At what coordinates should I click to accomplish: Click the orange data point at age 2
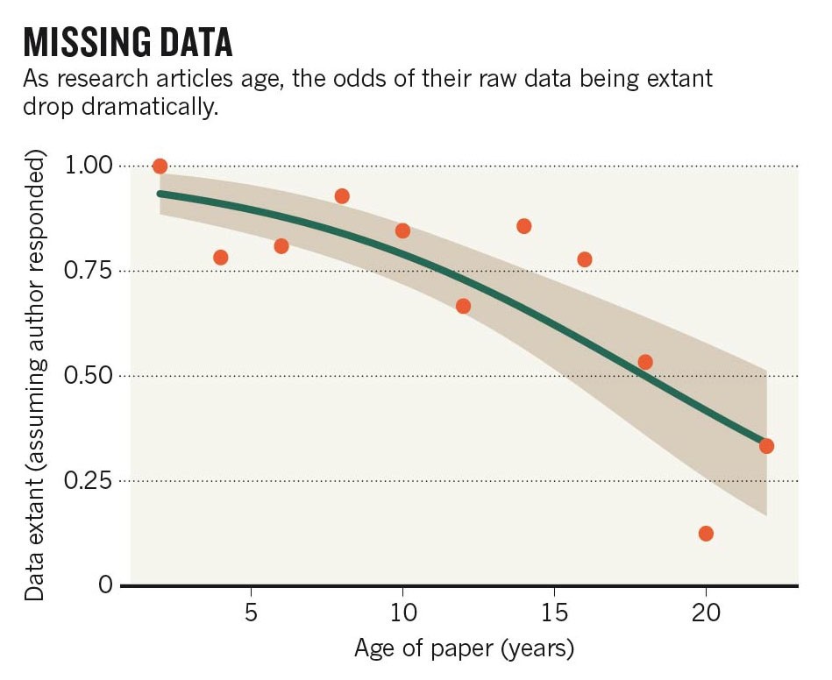coord(160,166)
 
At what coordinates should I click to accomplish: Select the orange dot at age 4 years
coord(221,258)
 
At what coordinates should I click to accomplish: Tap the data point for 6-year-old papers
coord(281,246)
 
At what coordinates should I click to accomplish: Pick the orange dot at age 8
coord(342,196)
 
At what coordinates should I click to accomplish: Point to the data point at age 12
coord(463,306)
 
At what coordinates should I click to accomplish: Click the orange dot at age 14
coord(524,226)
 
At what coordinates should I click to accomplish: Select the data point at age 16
coord(585,259)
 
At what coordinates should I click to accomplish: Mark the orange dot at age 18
coord(645,362)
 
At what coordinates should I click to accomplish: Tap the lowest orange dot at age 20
coord(706,534)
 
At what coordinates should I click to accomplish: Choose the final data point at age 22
coord(766,446)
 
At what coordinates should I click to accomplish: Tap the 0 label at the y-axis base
coord(105,585)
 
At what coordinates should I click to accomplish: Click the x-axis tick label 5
coord(252,611)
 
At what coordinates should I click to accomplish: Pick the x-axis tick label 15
coord(554,611)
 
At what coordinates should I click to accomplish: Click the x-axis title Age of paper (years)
coord(464,649)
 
